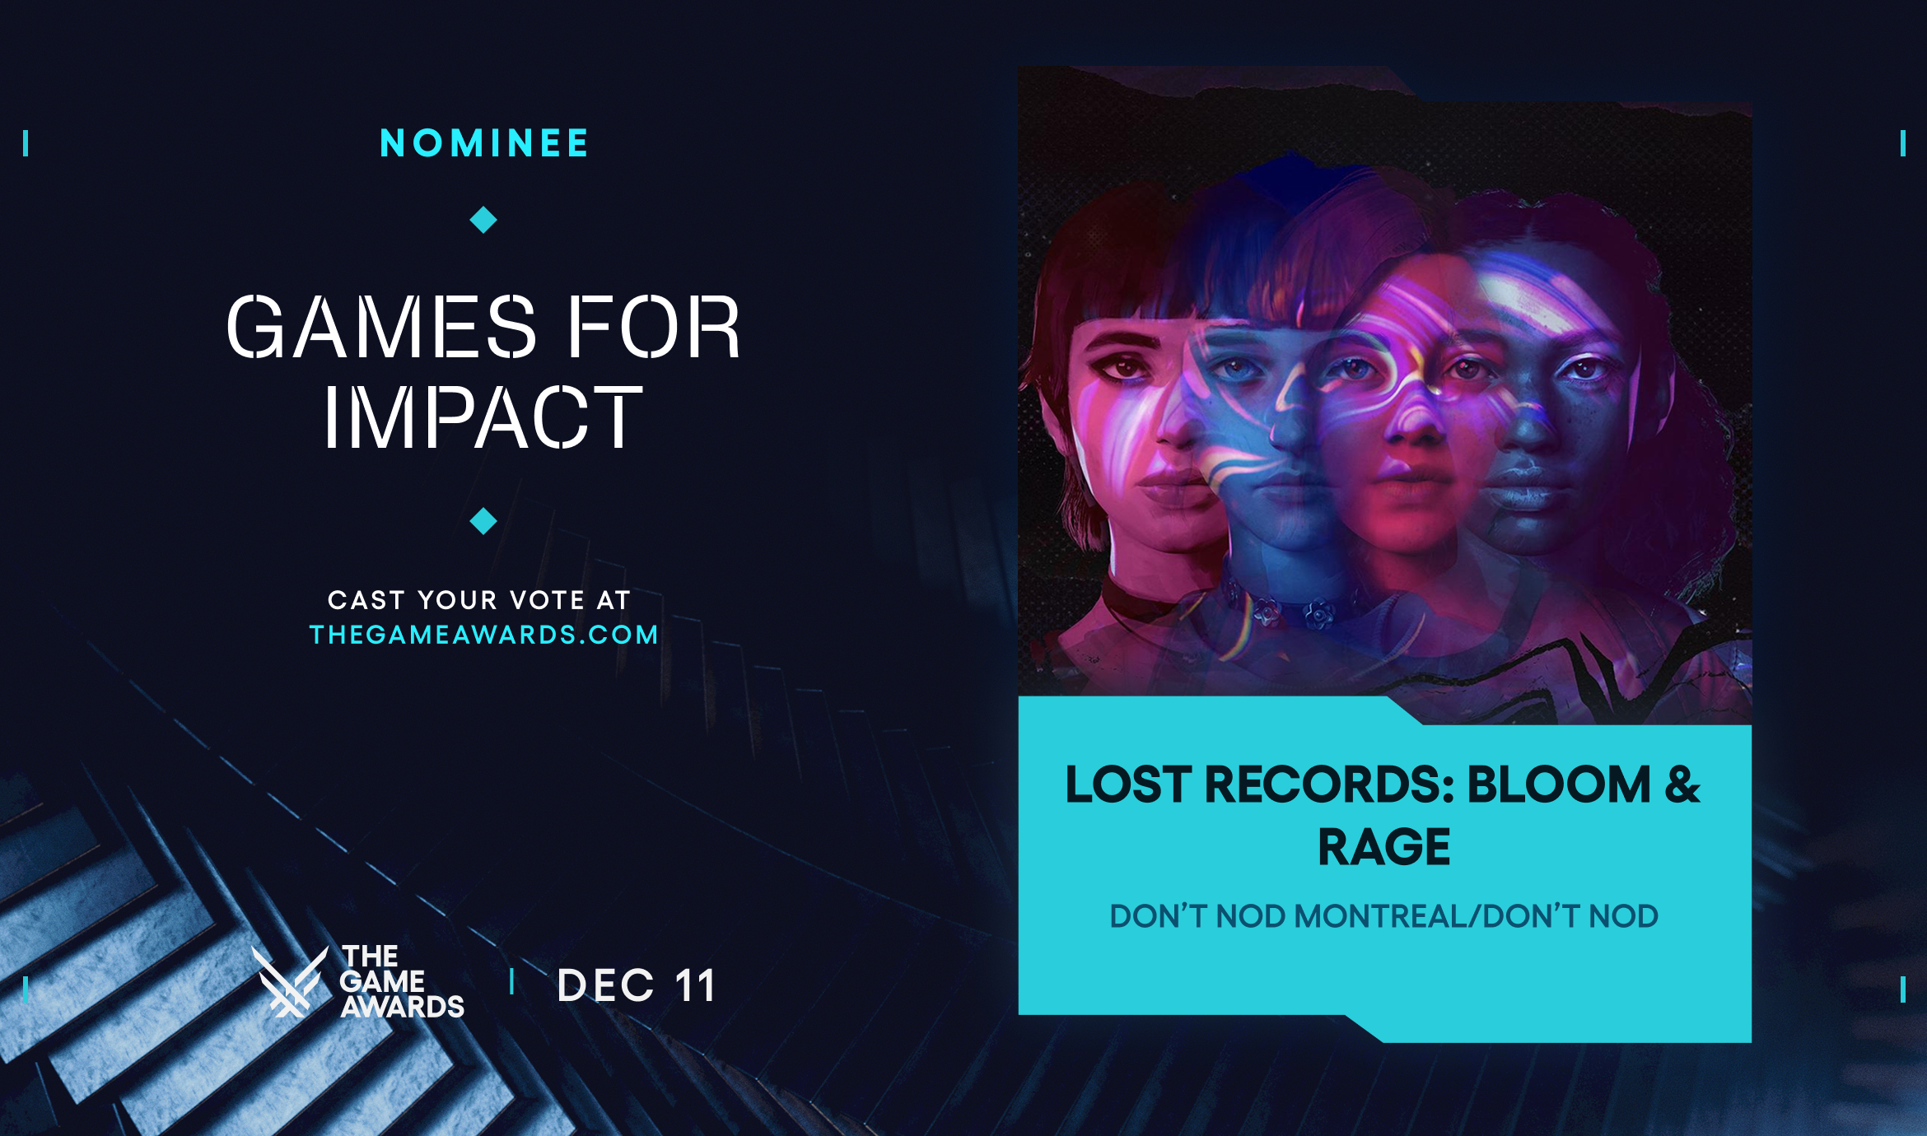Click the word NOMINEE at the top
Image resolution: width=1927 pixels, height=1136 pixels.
(484, 143)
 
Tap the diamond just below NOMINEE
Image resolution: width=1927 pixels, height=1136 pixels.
(483, 220)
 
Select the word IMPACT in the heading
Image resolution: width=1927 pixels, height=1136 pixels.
(483, 417)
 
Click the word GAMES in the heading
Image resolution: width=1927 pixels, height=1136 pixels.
(381, 328)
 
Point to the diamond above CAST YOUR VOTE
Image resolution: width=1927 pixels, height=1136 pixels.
(483, 521)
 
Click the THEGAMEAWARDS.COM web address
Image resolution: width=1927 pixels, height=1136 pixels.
(483, 635)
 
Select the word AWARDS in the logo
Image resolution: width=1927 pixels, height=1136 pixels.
(403, 1007)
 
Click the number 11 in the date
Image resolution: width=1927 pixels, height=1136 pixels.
(694, 986)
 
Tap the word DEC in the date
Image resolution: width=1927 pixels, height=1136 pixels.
(605, 986)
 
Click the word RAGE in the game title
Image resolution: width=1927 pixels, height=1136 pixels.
(1383, 847)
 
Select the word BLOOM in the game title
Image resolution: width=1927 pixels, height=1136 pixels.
(1559, 784)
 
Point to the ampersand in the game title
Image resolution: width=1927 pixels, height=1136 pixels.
(1682, 784)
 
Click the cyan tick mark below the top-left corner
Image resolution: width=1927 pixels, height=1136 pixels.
(26, 143)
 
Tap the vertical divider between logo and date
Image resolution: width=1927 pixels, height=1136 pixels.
(512, 981)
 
